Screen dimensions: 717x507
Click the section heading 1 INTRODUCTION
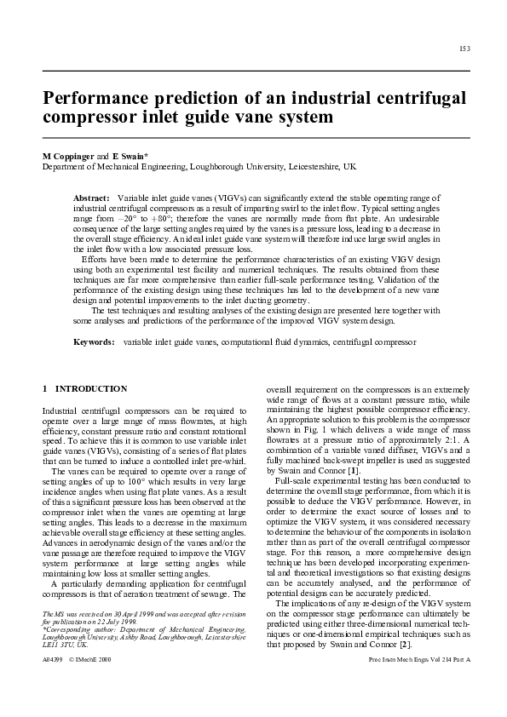click(85, 389)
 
